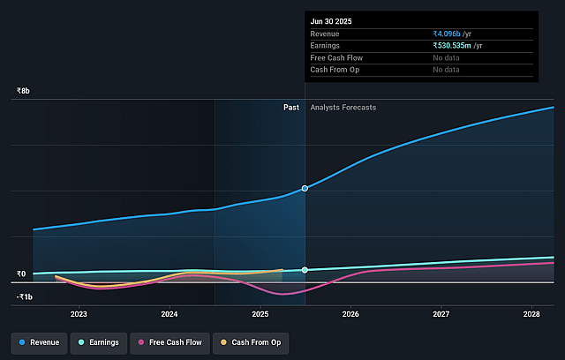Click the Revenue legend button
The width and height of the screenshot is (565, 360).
pyautogui.click(x=39, y=341)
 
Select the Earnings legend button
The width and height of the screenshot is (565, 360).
pyautogui.click(x=99, y=341)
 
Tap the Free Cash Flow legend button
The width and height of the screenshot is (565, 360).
pyautogui.click(x=169, y=341)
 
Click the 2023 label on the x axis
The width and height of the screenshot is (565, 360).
pyautogui.click(x=79, y=314)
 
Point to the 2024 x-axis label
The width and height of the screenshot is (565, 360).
pyautogui.click(x=169, y=314)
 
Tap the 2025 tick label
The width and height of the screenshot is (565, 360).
pyautogui.click(x=260, y=314)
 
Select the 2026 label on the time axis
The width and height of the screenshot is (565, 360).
pyautogui.click(x=350, y=314)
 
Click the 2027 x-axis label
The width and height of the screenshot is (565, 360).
pyautogui.click(x=441, y=314)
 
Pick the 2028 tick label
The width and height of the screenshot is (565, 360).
pyautogui.click(x=531, y=314)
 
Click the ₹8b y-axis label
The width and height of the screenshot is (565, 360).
pyautogui.click(x=23, y=91)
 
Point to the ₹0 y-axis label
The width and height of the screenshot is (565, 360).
pyautogui.click(x=20, y=274)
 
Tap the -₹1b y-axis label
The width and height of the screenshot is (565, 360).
pyautogui.click(x=24, y=296)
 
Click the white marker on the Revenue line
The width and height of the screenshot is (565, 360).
pyautogui.click(x=305, y=188)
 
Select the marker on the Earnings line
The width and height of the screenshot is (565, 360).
pyautogui.click(x=305, y=269)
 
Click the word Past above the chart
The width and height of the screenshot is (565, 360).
pyautogui.click(x=290, y=108)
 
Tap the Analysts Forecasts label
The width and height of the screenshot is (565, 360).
pyautogui.click(x=343, y=108)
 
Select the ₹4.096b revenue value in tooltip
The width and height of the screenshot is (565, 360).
pyautogui.click(x=452, y=34)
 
